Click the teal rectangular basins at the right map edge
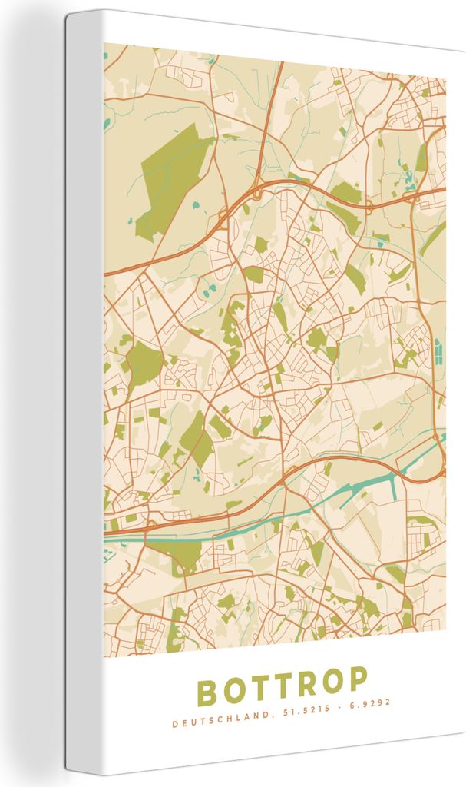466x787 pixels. pos(438,352)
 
